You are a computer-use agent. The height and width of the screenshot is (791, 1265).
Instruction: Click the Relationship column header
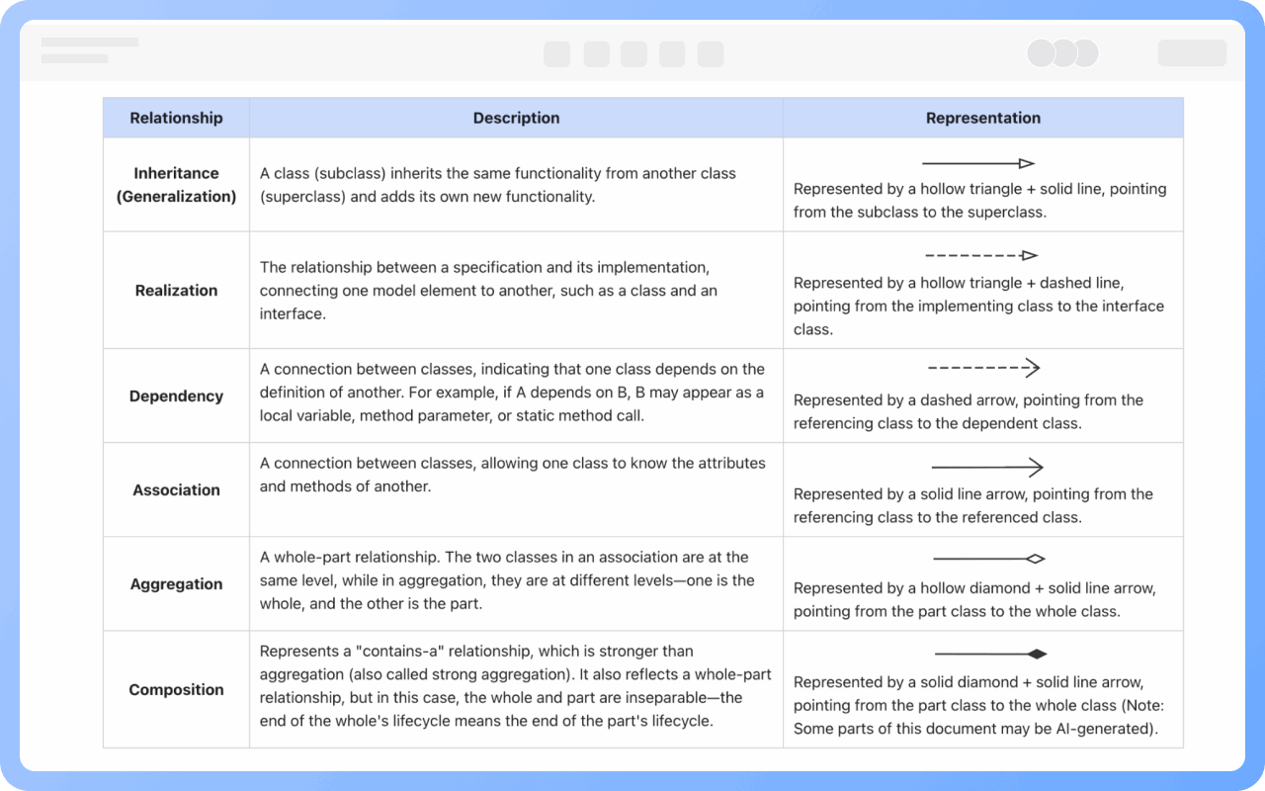(176, 118)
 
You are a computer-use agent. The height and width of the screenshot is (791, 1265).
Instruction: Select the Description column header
(516, 118)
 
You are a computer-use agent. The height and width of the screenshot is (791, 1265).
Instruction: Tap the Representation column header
(982, 118)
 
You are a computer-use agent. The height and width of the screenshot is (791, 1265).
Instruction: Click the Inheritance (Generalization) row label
(176, 185)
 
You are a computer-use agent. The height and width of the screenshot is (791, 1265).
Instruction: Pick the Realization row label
(176, 291)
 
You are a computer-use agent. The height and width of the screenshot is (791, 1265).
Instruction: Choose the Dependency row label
(176, 396)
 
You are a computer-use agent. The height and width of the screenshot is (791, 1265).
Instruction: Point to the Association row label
(176, 490)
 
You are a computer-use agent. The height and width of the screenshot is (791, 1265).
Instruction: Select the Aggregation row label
(176, 584)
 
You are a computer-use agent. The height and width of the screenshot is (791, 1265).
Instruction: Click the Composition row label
(176, 690)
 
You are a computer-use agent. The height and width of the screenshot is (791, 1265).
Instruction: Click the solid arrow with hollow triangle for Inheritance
(978, 163)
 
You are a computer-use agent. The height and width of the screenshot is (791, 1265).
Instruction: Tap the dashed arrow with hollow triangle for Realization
(981, 256)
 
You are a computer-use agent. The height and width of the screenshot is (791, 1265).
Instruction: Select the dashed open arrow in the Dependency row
(983, 368)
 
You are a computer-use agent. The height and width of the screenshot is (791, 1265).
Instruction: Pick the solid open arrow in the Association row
(986, 467)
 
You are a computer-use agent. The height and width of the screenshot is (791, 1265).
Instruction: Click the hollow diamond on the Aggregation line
(1036, 559)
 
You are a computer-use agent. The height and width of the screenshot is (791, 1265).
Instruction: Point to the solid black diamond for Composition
(1037, 654)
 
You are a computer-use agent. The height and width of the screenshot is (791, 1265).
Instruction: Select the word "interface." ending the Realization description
(293, 314)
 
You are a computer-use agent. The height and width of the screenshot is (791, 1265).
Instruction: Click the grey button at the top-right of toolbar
(1192, 52)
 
